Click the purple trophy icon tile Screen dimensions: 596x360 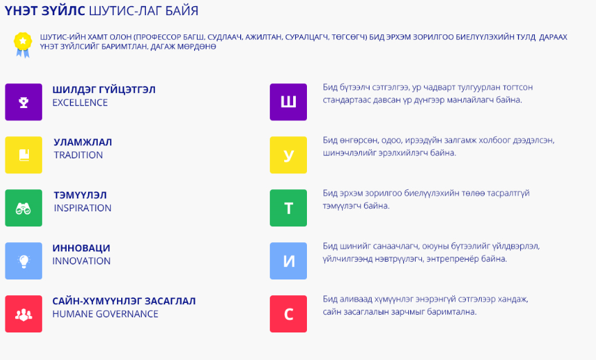(x=23, y=102)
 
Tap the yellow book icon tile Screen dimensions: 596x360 (x=23, y=155)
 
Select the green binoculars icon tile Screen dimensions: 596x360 (x=23, y=208)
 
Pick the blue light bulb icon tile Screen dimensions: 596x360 (x=23, y=261)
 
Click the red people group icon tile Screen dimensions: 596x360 (x=23, y=314)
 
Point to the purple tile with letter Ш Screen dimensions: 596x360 (x=288, y=102)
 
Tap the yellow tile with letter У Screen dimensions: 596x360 (x=288, y=155)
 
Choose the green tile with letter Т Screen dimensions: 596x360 (x=288, y=208)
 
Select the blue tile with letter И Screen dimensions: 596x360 (x=288, y=261)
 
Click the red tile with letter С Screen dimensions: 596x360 (x=288, y=314)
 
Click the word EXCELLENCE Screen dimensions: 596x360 (x=80, y=103)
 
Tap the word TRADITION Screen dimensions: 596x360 (x=78, y=155)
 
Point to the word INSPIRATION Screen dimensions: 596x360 (x=83, y=208)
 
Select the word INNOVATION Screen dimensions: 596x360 (x=81, y=261)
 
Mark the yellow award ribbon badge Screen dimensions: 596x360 (x=23, y=45)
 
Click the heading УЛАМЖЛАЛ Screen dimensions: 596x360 (x=83, y=142)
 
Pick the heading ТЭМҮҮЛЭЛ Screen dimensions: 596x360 (x=81, y=195)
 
